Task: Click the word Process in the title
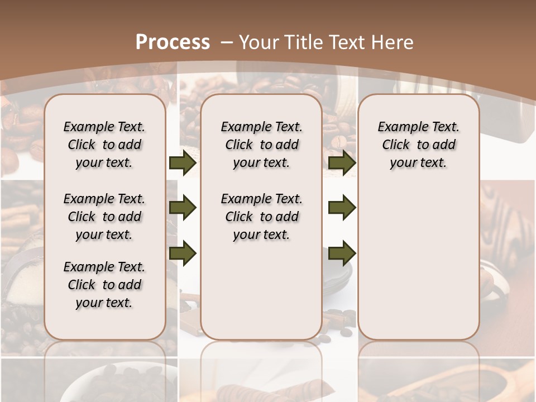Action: coord(173,42)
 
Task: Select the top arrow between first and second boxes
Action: coord(183,163)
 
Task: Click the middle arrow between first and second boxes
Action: coord(183,208)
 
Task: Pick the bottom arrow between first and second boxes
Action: coord(183,253)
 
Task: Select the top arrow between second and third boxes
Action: coord(342,163)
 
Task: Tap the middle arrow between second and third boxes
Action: coord(342,208)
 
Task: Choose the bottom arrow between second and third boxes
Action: coord(342,253)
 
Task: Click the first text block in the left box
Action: coord(104,145)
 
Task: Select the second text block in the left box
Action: coord(104,217)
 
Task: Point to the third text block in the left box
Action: coord(104,285)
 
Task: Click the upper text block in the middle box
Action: coord(261,145)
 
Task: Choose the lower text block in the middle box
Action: coord(261,217)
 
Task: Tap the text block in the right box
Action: coord(418,145)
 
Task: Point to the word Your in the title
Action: coord(260,42)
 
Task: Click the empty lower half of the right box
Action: coord(418,268)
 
